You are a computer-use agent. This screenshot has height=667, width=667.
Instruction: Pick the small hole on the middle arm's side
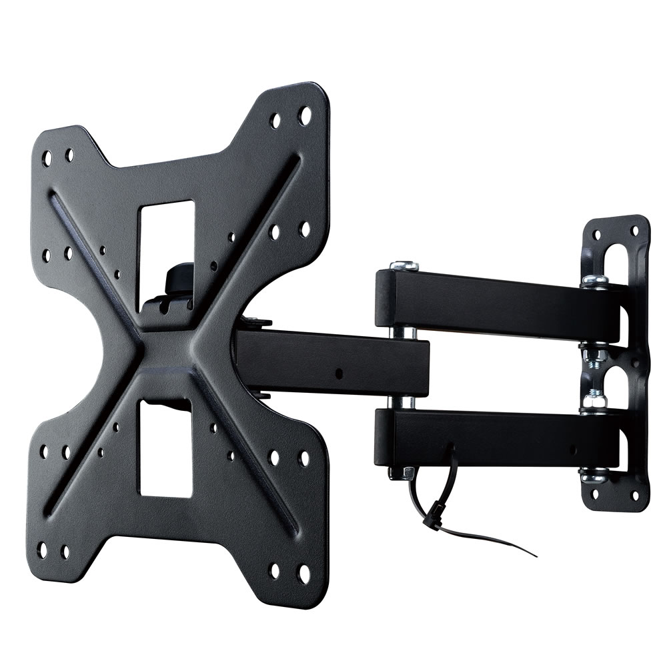click(338, 373)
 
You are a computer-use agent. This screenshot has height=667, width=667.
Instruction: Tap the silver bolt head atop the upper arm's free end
click(404, 265)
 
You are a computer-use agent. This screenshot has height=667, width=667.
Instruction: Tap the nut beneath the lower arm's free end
click(408, 472)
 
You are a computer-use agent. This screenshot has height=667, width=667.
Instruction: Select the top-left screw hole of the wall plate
click(596, 235)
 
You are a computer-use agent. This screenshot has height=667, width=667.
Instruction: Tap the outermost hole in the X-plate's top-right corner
click(305, 115)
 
